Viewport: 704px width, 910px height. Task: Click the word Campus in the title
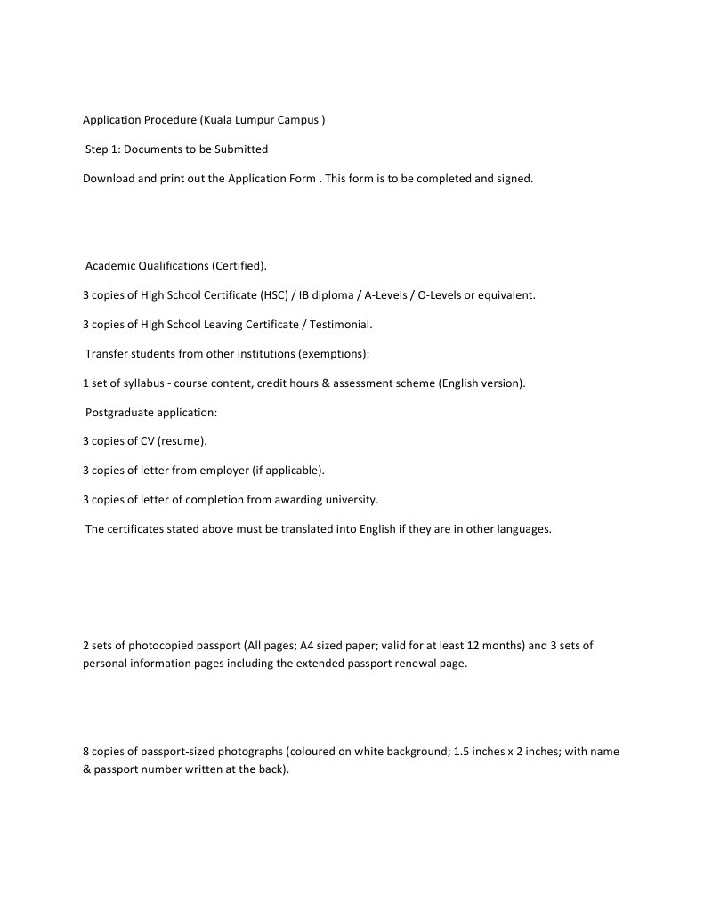298,120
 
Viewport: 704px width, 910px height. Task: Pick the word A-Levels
384,295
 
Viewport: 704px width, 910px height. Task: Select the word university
351,499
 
